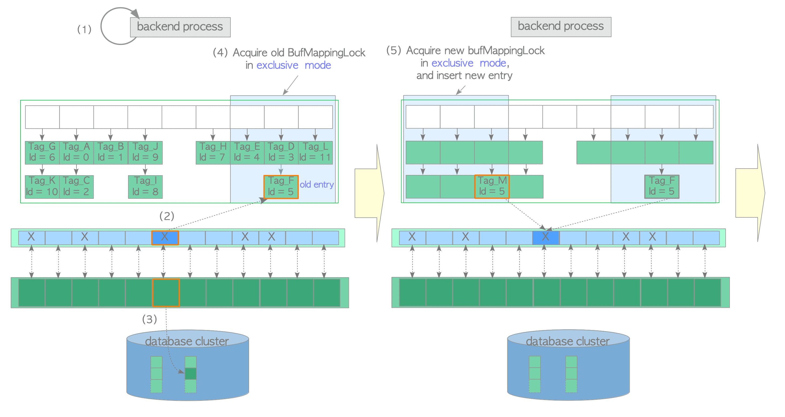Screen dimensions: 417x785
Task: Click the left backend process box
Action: tap(180, 27)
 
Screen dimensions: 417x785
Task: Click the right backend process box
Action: tap(561, 27)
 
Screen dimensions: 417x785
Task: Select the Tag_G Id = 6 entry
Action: tap(42, 152)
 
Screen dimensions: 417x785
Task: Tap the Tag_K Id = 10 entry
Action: tap(42, 186)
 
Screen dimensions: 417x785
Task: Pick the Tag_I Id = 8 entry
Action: tap(145, 186)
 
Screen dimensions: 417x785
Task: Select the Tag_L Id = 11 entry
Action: tap(315, 152)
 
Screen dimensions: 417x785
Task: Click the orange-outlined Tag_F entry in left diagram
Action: tap(281, 186)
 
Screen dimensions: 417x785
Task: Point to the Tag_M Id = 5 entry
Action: tap(492, 186)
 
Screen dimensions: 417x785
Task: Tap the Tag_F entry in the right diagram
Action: tap(662, 186)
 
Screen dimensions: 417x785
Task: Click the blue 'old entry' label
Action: tap(317, 184)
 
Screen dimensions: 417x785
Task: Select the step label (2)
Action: tap(167, 216)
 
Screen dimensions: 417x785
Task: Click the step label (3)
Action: tap(149, 319)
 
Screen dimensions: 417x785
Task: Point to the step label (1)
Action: tap(84, 29)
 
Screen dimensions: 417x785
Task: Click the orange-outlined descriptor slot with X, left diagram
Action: tap(165, 237)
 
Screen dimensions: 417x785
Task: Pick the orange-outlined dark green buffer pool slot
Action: tap(166, 292)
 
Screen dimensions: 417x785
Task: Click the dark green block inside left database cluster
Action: tap(190, 374)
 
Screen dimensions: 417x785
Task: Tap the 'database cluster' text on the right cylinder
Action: tap(568, 341)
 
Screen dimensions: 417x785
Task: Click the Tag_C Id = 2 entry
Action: tap(76, 186)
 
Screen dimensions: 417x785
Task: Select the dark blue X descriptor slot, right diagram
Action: tap(545, 237)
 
